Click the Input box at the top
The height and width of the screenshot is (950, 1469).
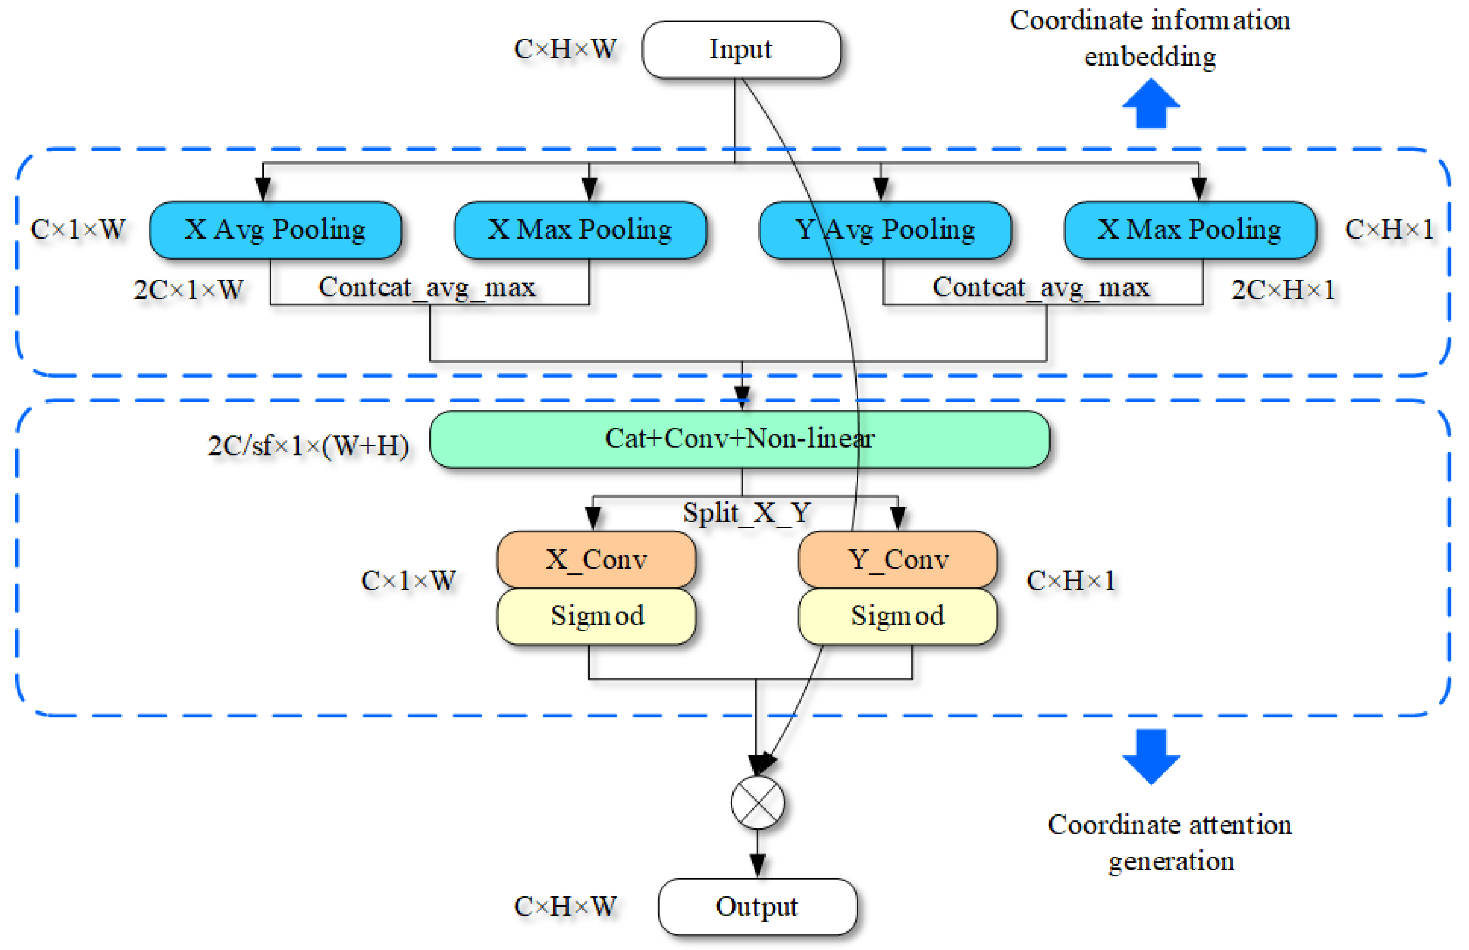[x=741, y=49]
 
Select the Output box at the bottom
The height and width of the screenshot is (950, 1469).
[x=757, y=907]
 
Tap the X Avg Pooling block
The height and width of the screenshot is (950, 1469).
[x=275, y=229]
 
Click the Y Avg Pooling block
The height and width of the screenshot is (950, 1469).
[x=885, y=229]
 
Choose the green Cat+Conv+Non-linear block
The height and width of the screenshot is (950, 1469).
[x=739, y=439]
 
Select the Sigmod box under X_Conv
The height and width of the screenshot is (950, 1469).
[x=596, y=616]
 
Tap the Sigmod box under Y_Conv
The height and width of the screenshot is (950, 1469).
[x=898, y=616]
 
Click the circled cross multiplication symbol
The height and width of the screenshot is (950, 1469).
[x=757, y=802]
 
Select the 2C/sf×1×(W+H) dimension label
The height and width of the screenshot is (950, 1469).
[x=308, y=446]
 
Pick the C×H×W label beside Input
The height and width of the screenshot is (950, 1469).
[x=565, y=49]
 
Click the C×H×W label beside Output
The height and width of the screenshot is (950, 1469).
[x=565, y=907]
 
